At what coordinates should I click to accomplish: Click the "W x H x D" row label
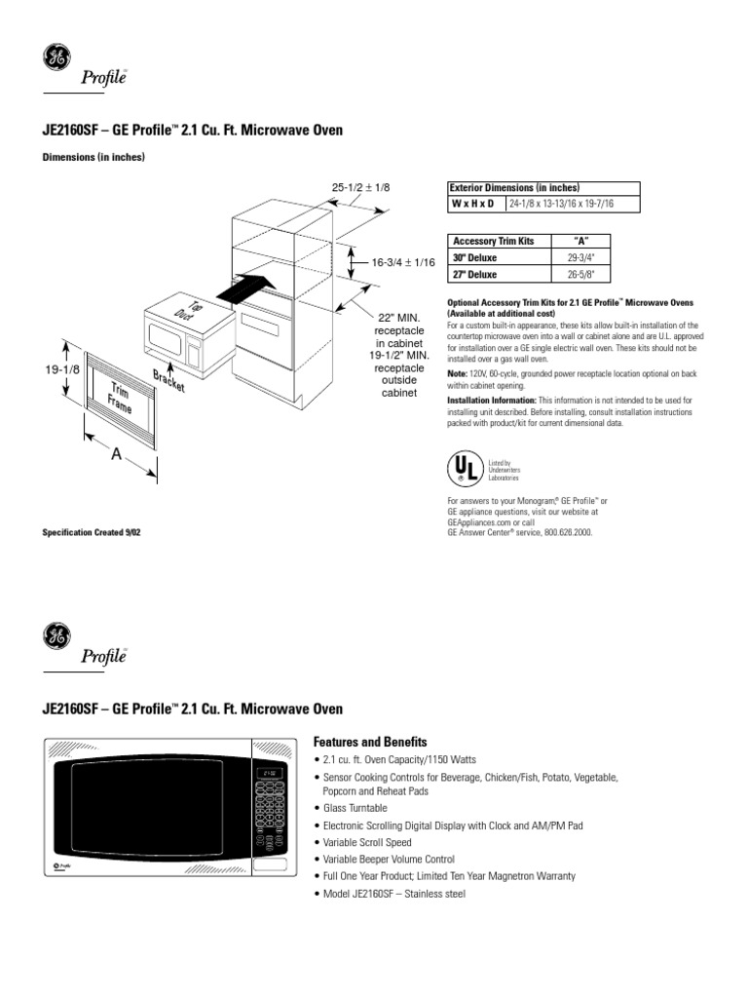pos(472,204)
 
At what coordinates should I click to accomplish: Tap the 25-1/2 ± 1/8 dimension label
pos(361,186)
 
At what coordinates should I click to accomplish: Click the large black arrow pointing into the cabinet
pos(241,288)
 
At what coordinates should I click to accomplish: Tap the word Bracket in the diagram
pos(168,382)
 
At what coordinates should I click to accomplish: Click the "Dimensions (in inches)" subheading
pos(93,157)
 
